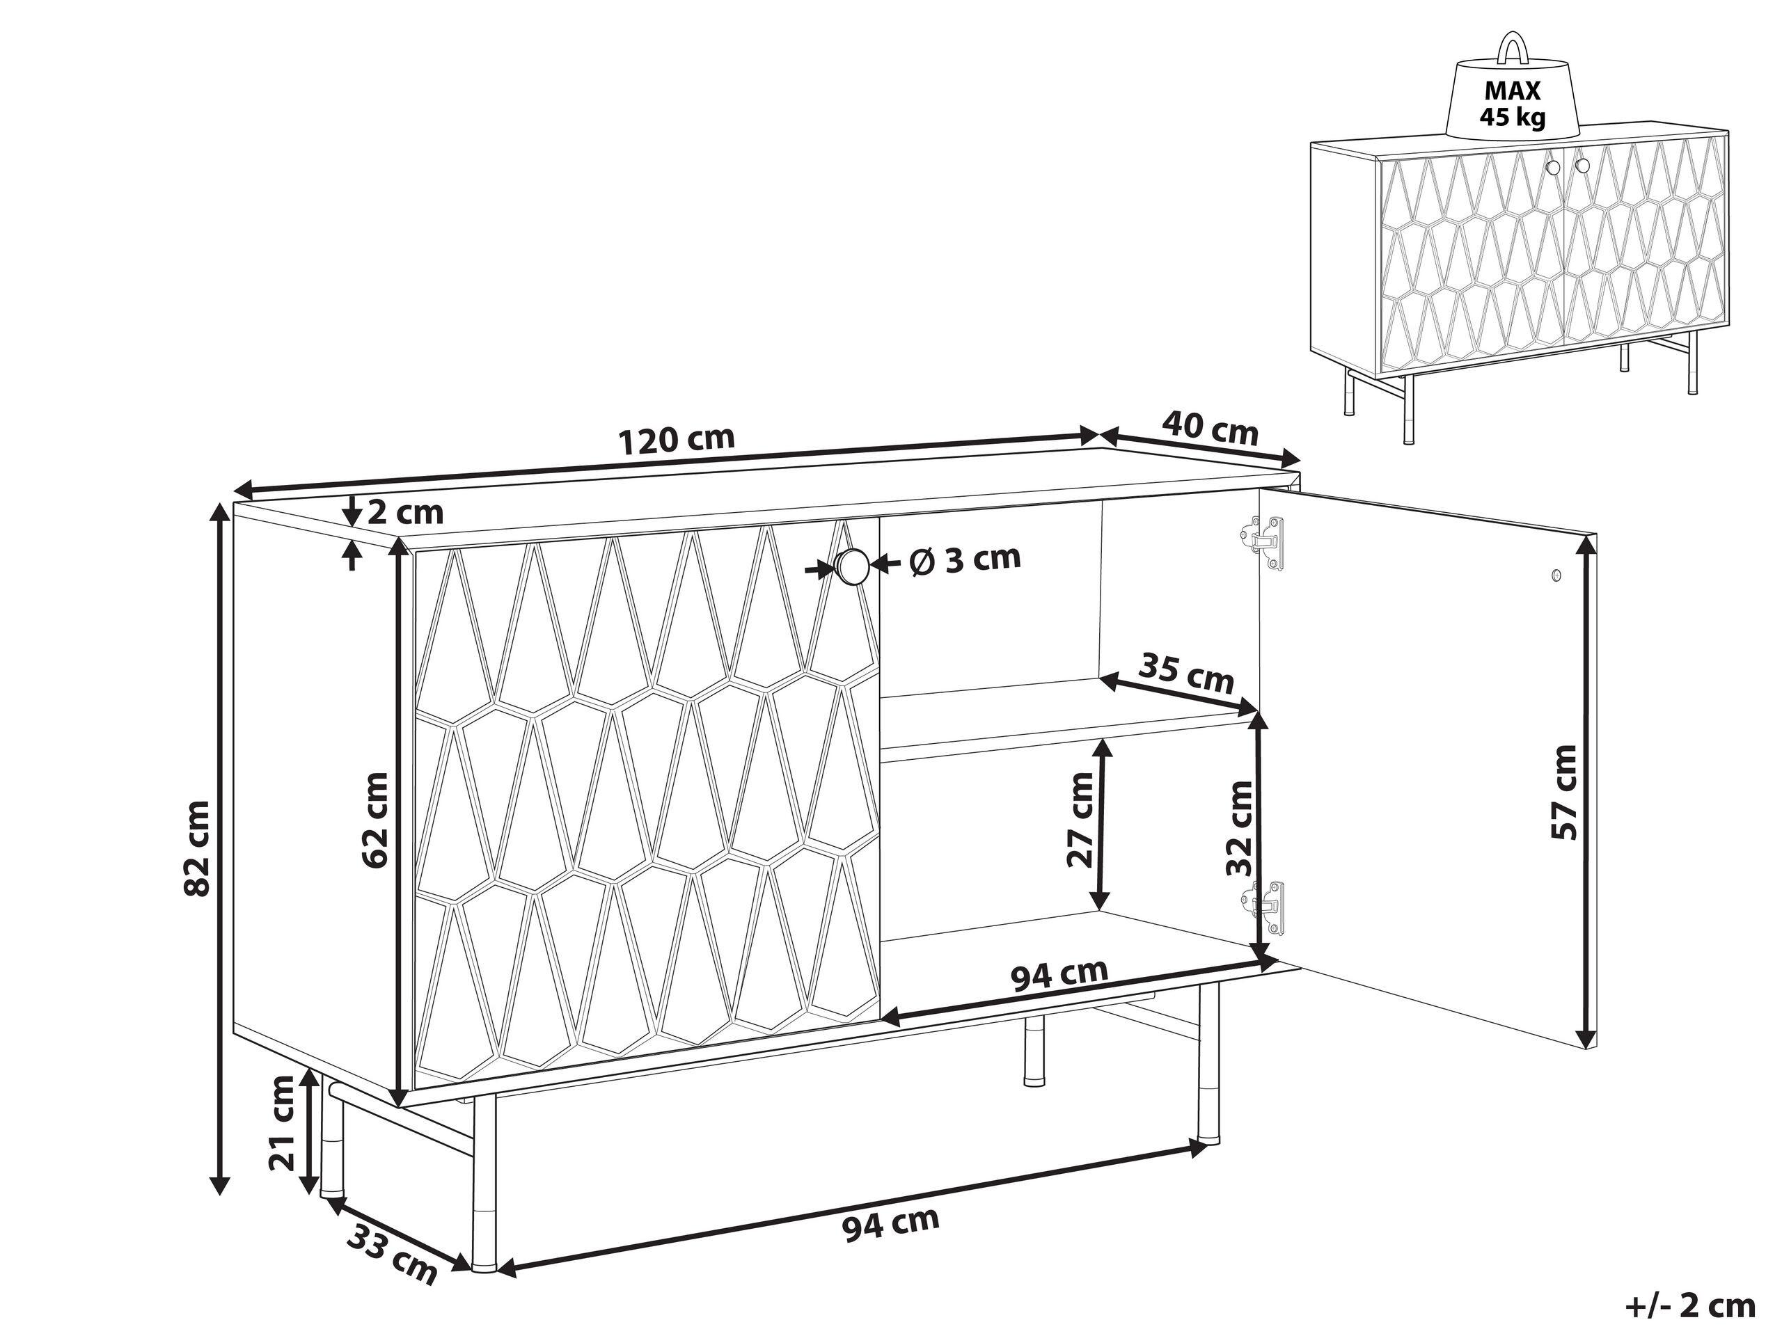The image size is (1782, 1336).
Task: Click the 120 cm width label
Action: (677, 439)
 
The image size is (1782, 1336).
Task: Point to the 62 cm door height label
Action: (375, 820)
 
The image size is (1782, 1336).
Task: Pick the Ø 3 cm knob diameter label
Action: (963, 558)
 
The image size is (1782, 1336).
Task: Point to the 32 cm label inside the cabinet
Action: (1238, 828)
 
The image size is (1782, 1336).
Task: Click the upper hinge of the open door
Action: (1263, 543)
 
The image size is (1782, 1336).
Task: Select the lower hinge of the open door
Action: (1263, 907)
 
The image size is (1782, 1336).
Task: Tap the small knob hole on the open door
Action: (1556, 575)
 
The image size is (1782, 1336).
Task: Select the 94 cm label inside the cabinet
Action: (1059, 976)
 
